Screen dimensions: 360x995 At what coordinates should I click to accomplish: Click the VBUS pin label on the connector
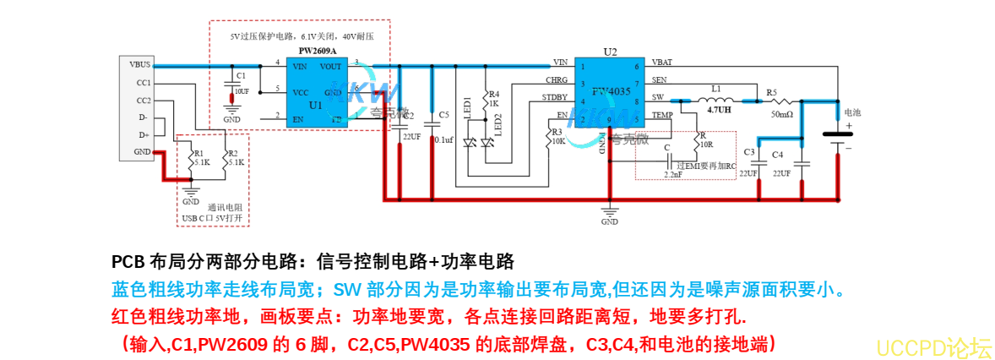(140, 65)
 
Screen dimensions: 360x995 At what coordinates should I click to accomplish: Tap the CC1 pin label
(143, 83)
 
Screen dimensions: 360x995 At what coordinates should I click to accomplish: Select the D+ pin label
(144, 134)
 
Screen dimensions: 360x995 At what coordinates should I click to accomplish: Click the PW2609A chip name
(318, 52)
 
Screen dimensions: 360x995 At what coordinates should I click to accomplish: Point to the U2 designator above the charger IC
(610, 52)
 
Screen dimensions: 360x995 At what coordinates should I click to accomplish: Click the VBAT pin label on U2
(662, 63)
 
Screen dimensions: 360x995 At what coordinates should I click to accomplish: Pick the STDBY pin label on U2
(555, 99)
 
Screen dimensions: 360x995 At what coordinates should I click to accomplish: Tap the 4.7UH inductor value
(719, 110)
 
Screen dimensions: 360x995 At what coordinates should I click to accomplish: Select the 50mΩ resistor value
(781, 114)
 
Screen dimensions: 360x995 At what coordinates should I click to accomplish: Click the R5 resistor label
(771, 92)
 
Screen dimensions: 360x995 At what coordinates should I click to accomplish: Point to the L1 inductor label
(716, 88)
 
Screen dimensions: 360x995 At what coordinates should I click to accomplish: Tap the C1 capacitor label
(242, 75)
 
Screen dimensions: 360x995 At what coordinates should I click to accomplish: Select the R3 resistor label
(556, 133)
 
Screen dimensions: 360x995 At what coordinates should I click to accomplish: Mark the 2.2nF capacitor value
(672, 174)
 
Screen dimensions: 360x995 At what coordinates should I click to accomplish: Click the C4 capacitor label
(777, 154)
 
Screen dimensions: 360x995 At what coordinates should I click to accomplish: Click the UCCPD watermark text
(933, 346)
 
